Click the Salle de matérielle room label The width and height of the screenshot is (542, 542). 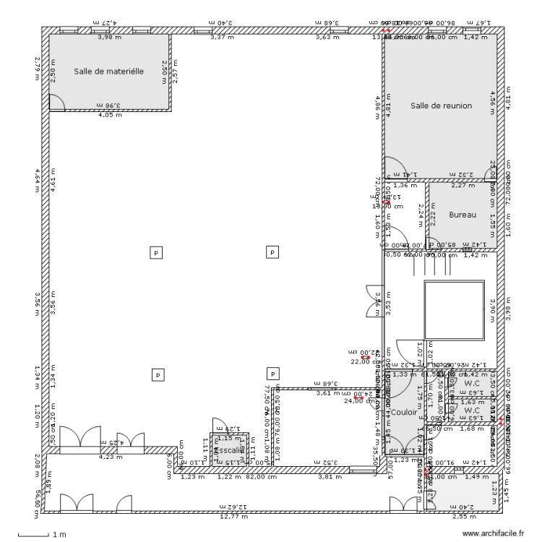click(109, 72)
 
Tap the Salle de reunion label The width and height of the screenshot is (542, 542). click(441, 106)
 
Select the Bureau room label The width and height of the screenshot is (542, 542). click(463, 215)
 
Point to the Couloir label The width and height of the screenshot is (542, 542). click(404, 412)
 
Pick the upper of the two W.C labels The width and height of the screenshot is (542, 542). click(472, 384)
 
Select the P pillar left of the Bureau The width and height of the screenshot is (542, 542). click(272, 252)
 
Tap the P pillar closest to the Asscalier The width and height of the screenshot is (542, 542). click(272, 374)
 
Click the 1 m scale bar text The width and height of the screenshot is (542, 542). click(59, 535)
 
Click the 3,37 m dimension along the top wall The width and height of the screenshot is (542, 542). click(222, 37)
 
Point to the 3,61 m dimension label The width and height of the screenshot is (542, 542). click(327, 393)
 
